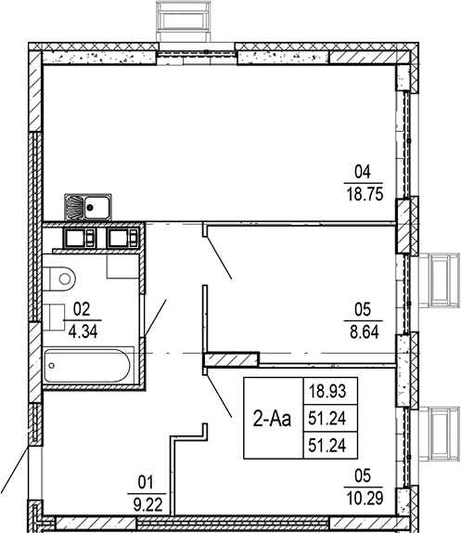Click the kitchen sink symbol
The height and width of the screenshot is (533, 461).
88,206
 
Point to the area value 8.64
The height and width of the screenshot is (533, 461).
363,328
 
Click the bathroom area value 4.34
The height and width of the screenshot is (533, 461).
81,327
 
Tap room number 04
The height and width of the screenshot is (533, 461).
363,172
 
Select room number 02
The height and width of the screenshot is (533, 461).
81,308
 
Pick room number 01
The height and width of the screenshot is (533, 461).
144,482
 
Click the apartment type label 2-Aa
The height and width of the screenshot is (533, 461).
272,419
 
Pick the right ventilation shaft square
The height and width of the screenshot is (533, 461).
122,238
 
